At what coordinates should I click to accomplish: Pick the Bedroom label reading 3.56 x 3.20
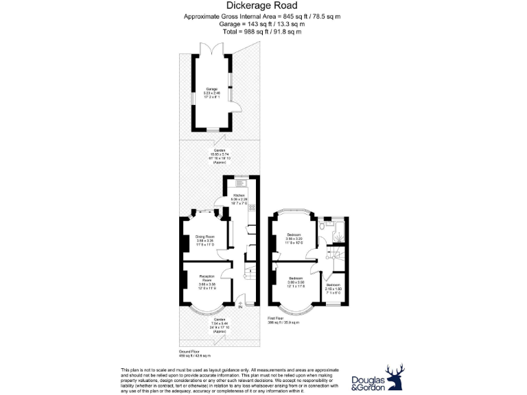294,238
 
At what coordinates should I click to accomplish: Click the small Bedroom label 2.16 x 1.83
333,287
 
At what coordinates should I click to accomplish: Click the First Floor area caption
283,320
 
